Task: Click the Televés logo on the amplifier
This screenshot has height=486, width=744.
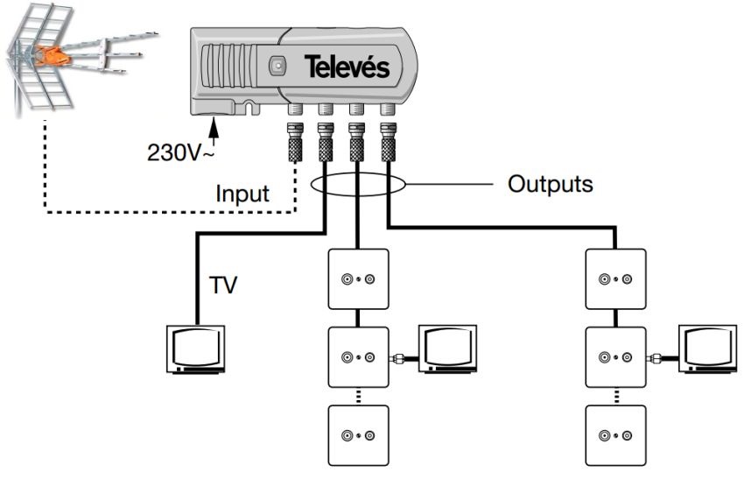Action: (x=347, y=67)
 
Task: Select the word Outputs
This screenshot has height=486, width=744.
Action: (x=550, y=185)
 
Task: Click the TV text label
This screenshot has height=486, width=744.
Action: (x=224, y=285)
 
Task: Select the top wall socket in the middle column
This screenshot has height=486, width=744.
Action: (x=358, y=278)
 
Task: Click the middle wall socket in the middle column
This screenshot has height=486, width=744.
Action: (x=358, y=356)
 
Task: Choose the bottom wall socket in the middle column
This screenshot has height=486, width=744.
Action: (x=358, y=434)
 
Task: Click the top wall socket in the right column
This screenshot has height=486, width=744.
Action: (x=615, y=278)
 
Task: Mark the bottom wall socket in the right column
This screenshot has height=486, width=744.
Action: (x=615, y=434)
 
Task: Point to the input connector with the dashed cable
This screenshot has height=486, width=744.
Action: (x=296, y=140)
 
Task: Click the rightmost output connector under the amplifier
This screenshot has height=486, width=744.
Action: (x=387, y=140)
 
